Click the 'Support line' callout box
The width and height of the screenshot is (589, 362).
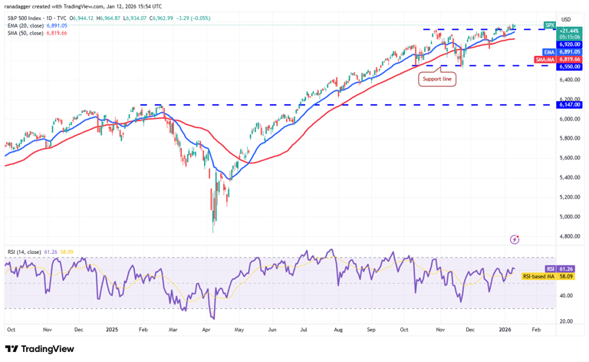pos(437,78)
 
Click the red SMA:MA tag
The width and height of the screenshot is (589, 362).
pos(545,59)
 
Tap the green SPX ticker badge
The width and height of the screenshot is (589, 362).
pos(549,25)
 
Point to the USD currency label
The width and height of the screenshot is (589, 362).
pos(566,19)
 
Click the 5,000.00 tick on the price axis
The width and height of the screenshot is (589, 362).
pos(568,197)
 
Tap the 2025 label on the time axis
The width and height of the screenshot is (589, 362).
pos(112,329)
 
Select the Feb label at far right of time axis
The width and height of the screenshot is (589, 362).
pos(536,329)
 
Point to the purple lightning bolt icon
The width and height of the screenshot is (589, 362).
pos(514,239)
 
